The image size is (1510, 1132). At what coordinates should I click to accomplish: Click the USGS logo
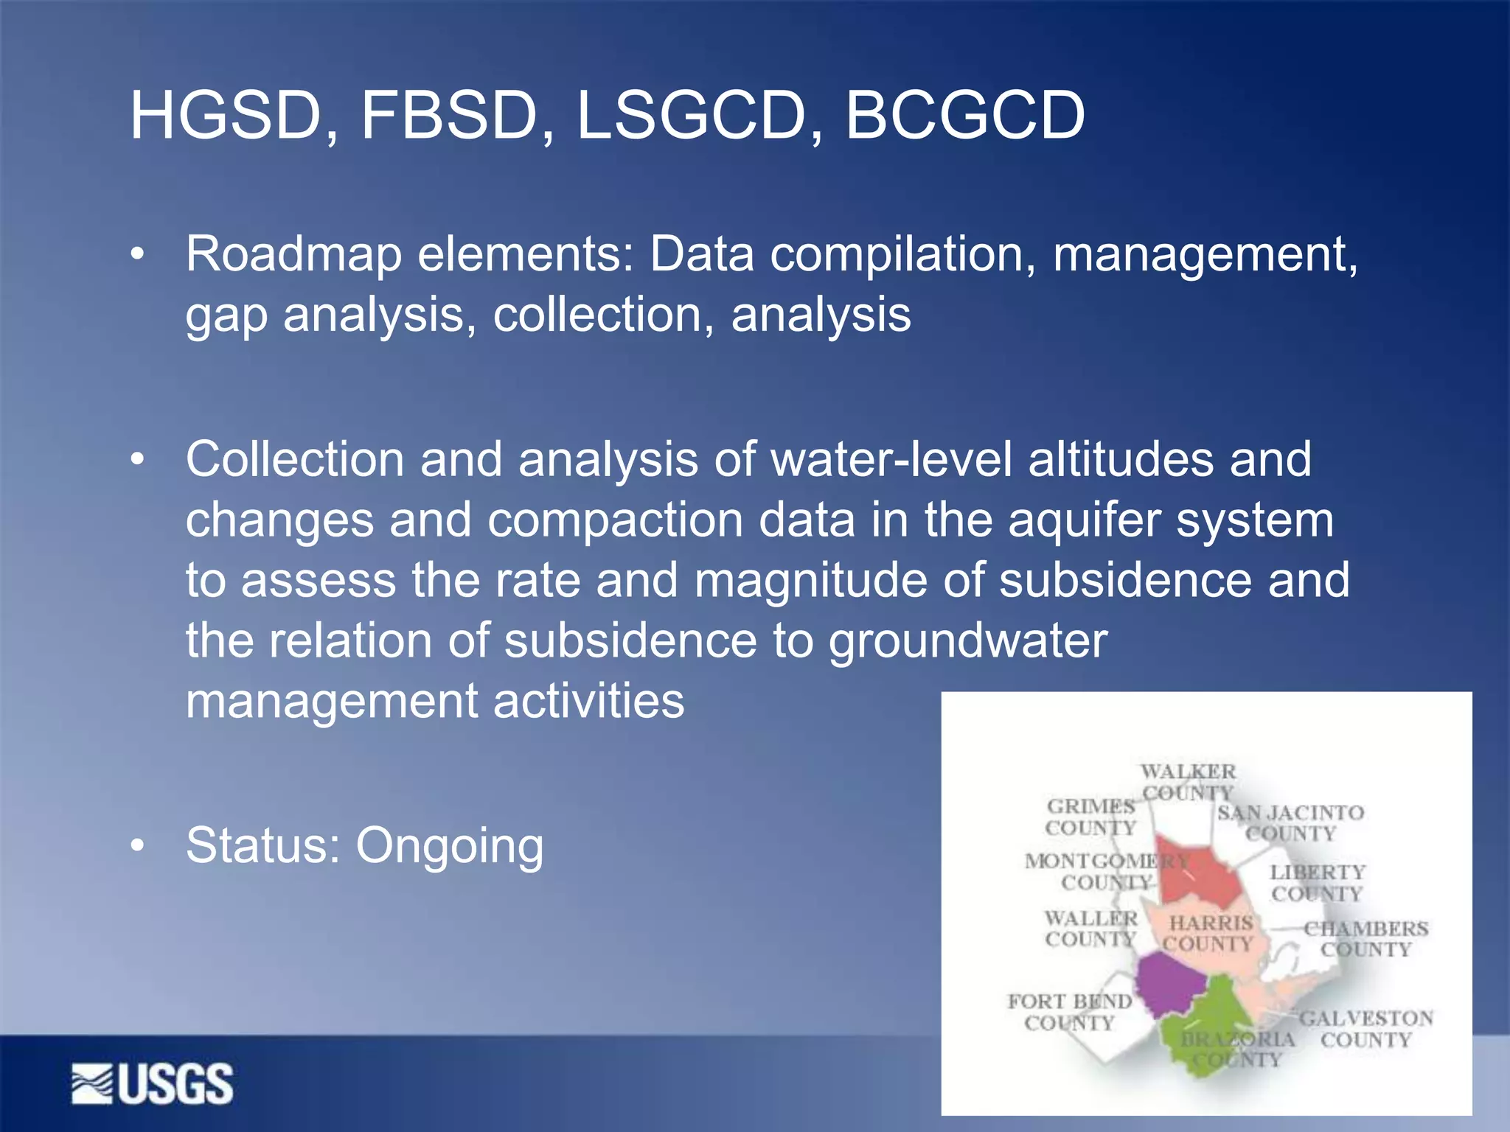click(153, 1083)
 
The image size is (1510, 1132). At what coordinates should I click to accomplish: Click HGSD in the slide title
click(226, 115)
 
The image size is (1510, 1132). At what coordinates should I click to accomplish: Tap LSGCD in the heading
click(690, 115)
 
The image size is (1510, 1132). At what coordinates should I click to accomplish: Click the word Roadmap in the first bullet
click(294, 254)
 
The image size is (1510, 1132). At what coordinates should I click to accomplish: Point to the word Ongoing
click(450, 846)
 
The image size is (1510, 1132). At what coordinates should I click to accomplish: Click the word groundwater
click(967, 640)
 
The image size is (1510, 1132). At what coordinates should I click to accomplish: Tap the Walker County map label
click(1188, 783)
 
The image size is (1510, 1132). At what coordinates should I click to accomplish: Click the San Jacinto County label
click(1290, 823)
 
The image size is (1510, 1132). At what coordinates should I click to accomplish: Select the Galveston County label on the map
click(1365, 1029)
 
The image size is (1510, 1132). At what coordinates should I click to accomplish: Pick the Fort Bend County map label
click(1069, 1012)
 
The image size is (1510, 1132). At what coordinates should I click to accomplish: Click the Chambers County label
click(1365, 939)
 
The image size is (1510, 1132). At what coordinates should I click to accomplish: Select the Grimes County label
click(1090, 817)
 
